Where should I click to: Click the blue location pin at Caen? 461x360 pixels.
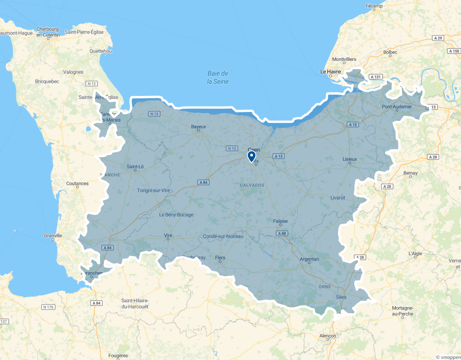pyautogui.click(x=251, y=156)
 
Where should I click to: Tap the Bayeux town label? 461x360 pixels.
pyautogui.click(x=198, y=127)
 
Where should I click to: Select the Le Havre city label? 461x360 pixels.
pyautogui.click(x=330, y=72)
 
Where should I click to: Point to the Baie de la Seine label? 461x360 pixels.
pyautogui.click(x=218, y=77)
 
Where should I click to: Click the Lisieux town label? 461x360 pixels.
pyautogui.click(x=350, y=159)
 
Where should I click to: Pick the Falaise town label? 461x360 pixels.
pyautogui.click(x=280, y=221)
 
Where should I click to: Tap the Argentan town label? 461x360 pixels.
pyautogui.click(x=309, y=259)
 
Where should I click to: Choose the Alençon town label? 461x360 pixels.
pyautogui.click(x=328, y=336)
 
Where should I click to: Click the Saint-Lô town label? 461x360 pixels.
pyautogui.click(x=135, y=166)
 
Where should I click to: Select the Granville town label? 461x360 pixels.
pyautogui.click(x=53, y=235)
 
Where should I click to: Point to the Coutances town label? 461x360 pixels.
pyautogui.click(x=77, y=183)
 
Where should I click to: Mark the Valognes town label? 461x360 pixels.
pyautogui.click(x=73, y=72)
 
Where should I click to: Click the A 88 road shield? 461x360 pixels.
pyautogui.click(x=281, y=233)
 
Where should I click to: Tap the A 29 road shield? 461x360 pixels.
pyautogui.click(x=438, y=38)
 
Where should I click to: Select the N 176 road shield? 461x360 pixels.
pyautogui.click(x=48, y=307)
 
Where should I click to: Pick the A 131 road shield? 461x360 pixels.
pyautogui.click(x=376, y=77)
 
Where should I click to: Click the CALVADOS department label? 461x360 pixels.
pyautogui.click(x=252, y=185)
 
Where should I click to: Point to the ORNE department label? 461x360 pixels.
pyautogui.click(x=324, y=287)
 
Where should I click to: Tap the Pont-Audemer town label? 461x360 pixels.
pyautogui.click(x=397, y=106)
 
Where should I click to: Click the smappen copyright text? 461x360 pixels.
pyautogui.click(x=448, y=357)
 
